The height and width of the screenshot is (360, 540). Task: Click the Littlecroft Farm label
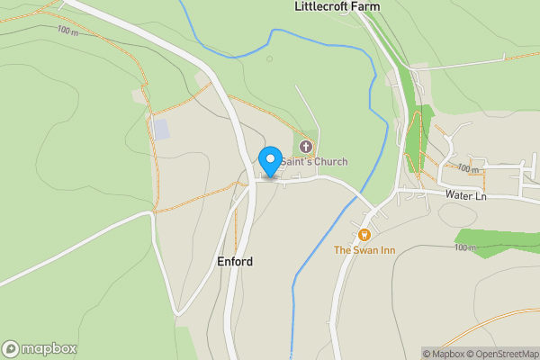pyautogui.click(x=337, y=6)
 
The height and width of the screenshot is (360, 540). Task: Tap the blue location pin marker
pyautogui.click(x=269, y=161)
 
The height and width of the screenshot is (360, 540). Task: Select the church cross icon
pyautogui.click(x=305, y=147)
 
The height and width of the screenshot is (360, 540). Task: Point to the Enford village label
pyautogui.click(x=235, y=262)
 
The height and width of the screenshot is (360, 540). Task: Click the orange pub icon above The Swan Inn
pyautogui.click(x=366, y=236)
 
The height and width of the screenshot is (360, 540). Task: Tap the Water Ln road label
pyautogui.click(x=465, y=194)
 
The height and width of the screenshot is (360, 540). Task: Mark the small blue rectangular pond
pyautogui.click(x=160, y=129)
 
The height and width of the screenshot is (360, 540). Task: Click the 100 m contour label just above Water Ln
pyautogui.click(x=468, y=169)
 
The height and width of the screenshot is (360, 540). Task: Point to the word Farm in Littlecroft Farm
pyautogui.click(x=366, y=6)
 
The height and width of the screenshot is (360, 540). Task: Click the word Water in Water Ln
pyautogui.click(x=457, y=194)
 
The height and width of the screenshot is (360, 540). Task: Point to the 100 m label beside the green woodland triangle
pyautogui.click(x=464, y=247)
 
